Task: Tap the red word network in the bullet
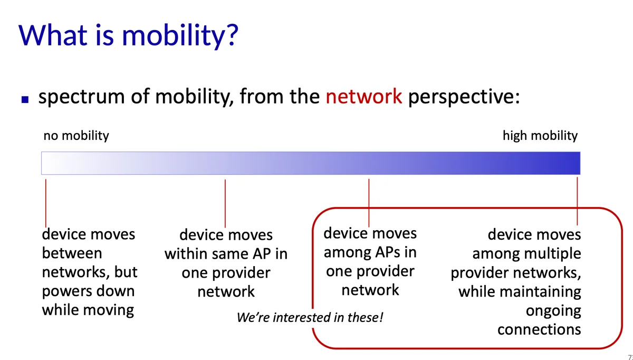pyautogui.click(x=363, y=97)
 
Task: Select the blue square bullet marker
pyautogui.click(x=25, y=99)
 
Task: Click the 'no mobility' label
pyautogui.click(x=76, y=136)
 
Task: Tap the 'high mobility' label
pyautogui.click(x=540, y=136)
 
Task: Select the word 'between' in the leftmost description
pyautogui.click(x=72, y=252)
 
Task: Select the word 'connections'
pyautogui.click(x=539, y=330)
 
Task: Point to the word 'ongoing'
pyautogui.click(x=553, y=311)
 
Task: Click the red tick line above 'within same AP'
pyautogui.click(x=225, y=203)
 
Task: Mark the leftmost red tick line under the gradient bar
pyautogui.click(x=46, y=203)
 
